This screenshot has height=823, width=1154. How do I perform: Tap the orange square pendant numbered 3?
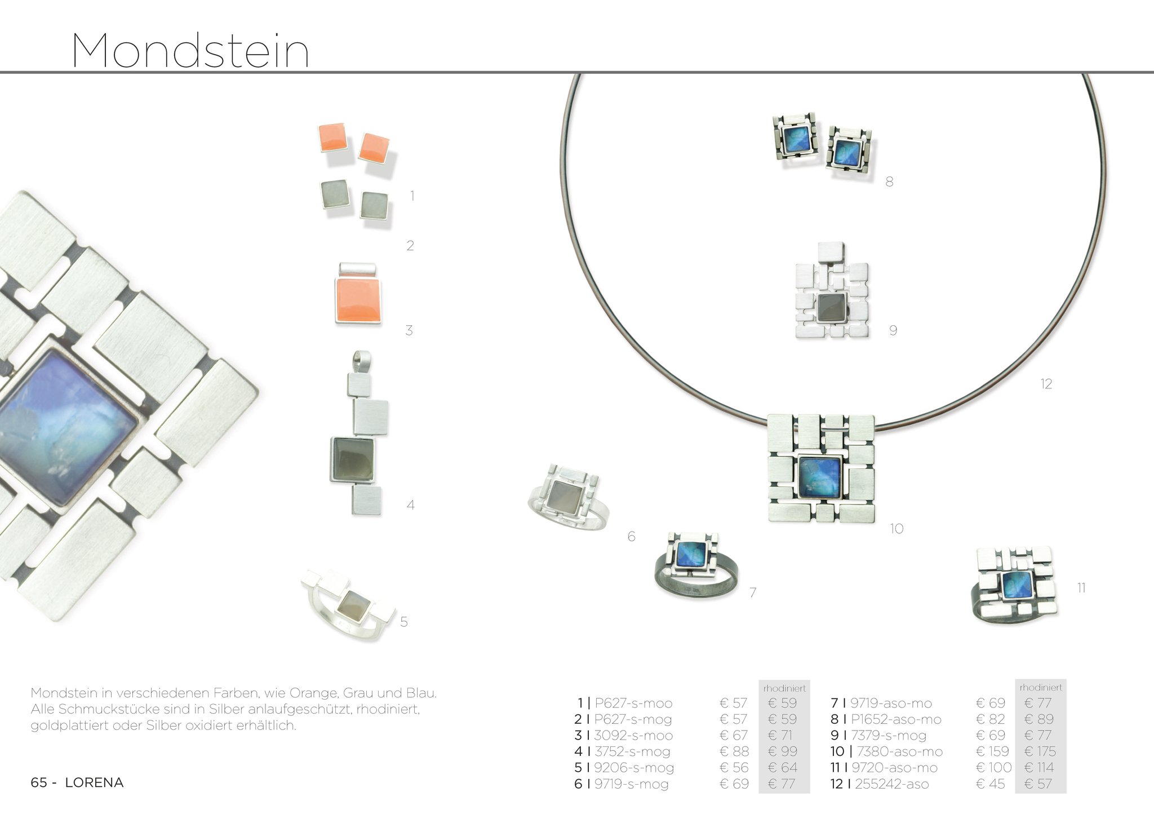pyautogui.click(x=358, y=294)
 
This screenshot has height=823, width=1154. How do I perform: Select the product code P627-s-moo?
pyautogui.click(x=633, y=703)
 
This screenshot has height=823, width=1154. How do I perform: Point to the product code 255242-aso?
pyautogui.click(x=891, y=784)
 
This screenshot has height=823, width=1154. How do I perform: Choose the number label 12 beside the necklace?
pyautogui.click(x=1046, y=384)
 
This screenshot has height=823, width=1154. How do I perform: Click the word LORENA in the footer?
pyautogui.click(x=94, y=782)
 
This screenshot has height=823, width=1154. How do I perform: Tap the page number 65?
pyautogui.click(x=38, y=782)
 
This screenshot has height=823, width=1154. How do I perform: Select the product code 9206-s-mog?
pyautogui.click(x=634, y=767)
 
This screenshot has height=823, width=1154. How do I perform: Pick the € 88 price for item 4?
pyautogui.click(x=734, y=751)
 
